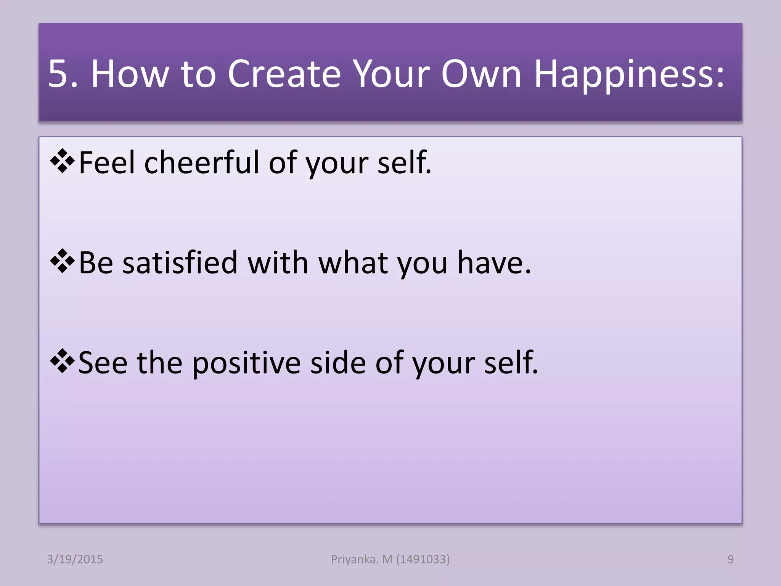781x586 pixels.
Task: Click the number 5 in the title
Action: (58, 74)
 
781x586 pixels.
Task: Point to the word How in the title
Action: (129, 74)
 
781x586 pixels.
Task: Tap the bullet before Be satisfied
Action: (62, 262)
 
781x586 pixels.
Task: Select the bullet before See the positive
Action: (62, 362)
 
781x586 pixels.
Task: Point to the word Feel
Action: (107, 163)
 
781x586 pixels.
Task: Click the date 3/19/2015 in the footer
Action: (75, 559)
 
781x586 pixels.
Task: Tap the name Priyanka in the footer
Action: (354, 559)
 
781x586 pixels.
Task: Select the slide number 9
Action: (730, 559)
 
